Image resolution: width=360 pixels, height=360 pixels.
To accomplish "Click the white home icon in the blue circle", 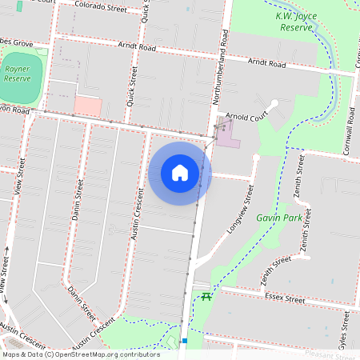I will click(180, 173).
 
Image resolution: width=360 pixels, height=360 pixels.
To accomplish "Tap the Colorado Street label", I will click(100, 7).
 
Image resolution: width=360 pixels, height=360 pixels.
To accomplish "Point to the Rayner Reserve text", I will click(18, 74).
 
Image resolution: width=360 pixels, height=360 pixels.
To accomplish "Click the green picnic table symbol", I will click(206, 297).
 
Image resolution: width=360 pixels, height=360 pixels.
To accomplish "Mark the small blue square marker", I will click(184, 342).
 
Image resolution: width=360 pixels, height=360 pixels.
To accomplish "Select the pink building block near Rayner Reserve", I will click(88, 106).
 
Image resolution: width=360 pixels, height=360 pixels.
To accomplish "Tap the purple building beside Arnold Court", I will click(227, 133).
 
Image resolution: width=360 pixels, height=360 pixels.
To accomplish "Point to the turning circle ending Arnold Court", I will click(274, 103).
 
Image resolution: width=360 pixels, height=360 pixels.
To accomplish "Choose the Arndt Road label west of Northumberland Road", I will click(137, 46).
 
